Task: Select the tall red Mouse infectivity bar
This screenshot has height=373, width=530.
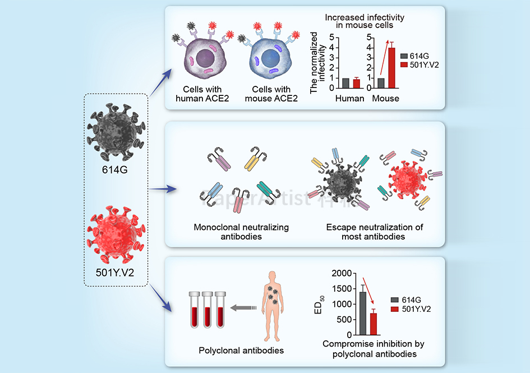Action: (x=392, y=68)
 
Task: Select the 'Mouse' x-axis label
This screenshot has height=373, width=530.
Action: (x=386, y=99)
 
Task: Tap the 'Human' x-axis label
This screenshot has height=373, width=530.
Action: (x=350, y=99)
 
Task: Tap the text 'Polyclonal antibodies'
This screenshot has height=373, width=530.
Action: (x=241, y=351)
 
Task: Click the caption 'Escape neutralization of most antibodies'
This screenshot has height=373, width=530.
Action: (x=375, y=232)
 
